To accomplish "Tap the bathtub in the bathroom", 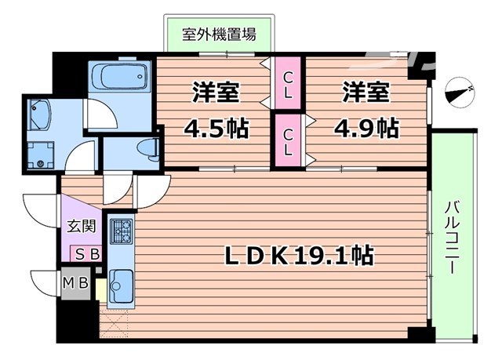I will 118,77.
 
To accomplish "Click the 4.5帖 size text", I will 216,127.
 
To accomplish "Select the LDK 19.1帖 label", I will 299,255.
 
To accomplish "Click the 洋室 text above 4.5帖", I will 216,92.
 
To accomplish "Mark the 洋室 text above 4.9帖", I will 366,92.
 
